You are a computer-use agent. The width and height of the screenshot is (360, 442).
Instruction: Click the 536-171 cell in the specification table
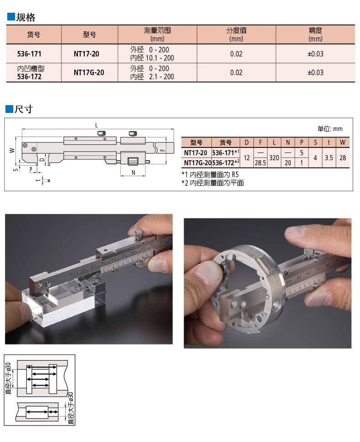[29, 54]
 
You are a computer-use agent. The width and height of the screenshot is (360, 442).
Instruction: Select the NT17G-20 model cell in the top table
[89, 72]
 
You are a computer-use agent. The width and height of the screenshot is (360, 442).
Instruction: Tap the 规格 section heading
[26, 17]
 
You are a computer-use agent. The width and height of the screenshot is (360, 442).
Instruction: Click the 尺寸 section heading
[24, 109]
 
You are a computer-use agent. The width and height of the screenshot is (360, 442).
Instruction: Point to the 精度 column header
[315, 35]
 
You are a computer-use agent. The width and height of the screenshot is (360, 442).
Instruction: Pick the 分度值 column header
[236, 35]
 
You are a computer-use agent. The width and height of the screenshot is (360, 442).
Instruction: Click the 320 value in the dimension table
[274, 158]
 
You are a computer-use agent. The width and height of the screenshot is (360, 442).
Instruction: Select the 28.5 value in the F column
[260, 163]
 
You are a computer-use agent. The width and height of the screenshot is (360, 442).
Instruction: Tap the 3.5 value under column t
[329, 158]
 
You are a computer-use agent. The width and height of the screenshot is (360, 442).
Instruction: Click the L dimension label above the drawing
[97, 126]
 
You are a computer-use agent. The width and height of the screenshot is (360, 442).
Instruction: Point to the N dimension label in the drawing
[134, 172]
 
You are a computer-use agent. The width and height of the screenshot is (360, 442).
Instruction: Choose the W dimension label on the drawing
[12, 151]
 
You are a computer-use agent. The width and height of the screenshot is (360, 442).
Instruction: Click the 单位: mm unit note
[330, 129]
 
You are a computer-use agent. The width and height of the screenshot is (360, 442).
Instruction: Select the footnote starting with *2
[213, 183]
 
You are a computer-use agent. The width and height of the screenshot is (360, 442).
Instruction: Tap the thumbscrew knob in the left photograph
[138, 234]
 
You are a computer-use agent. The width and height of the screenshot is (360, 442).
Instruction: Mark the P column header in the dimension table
[302, 142]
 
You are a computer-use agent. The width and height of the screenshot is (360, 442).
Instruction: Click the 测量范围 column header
[157, 35]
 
